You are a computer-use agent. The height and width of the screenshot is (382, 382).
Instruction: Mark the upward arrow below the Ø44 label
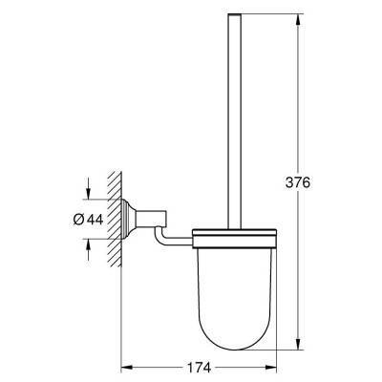pyautogui.click(x=90, y=247)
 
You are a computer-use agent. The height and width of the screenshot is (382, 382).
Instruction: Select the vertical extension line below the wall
pyautogui.click(x=124, y=325)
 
